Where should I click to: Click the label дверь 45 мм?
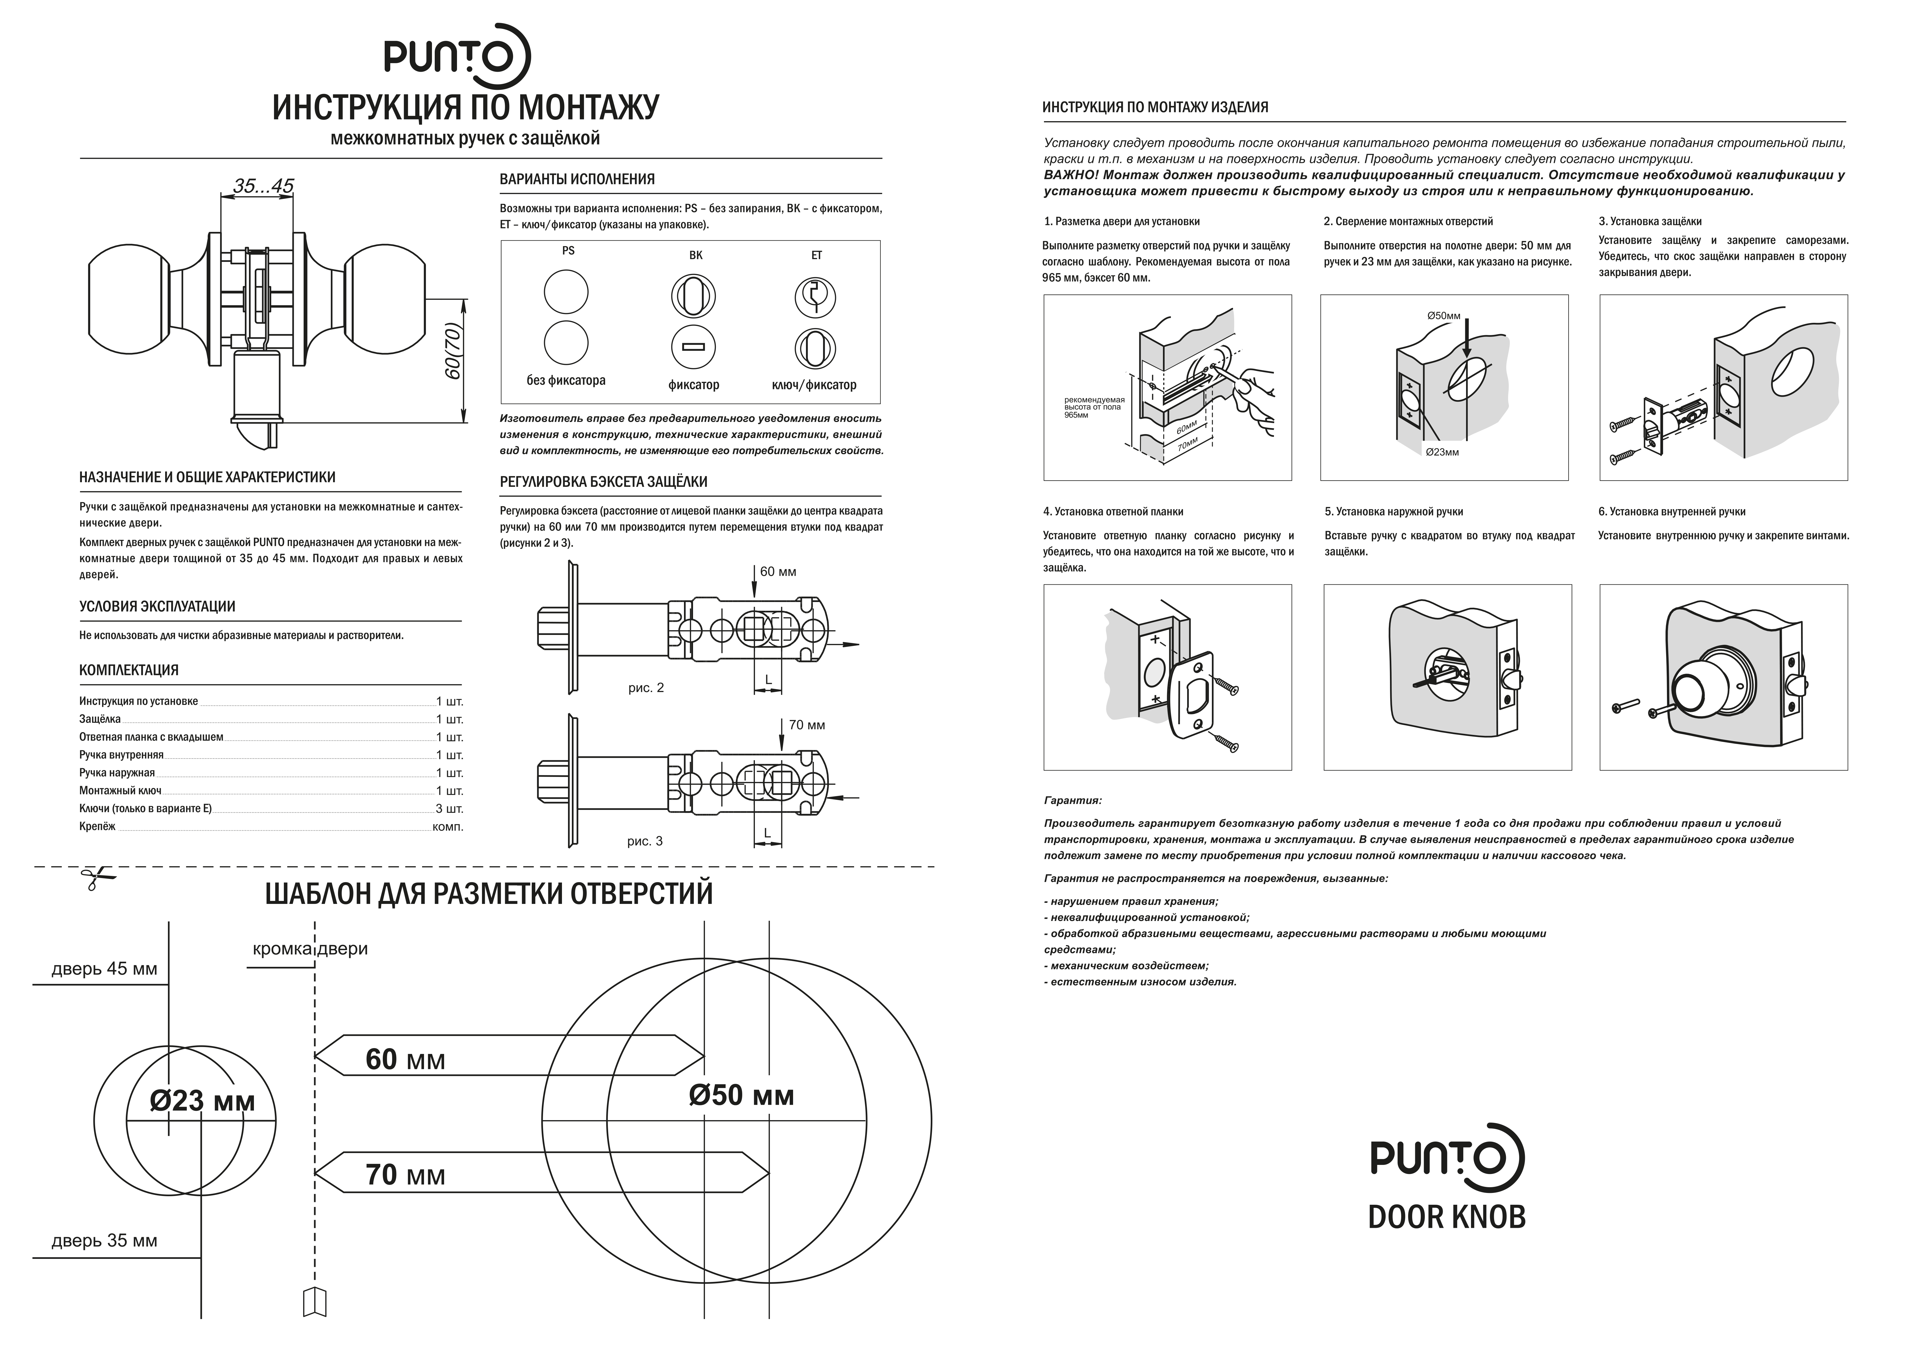(x=104, y=969)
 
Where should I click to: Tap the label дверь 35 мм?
(x=104, y=1240)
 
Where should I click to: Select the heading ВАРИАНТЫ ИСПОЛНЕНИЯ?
(x=577, y=179)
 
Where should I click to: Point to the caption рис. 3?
(x=645, y=841)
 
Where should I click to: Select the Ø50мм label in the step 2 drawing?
(x=1444, y=316)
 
